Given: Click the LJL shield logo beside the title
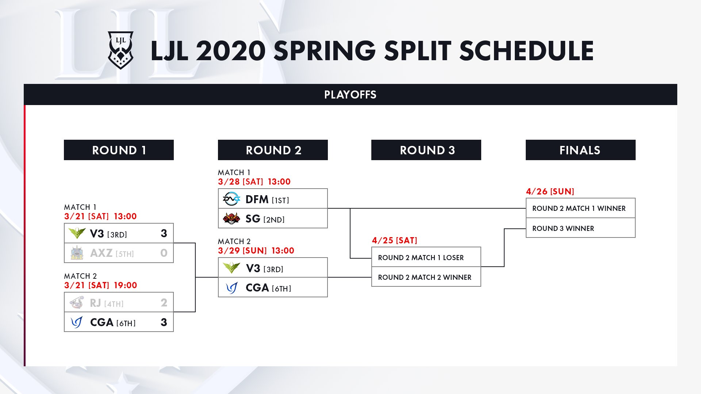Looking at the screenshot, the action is click(x=120, y=50).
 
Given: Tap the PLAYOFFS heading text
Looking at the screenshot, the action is click(x=350, y=95).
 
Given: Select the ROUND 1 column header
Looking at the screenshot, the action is click(x=119, y=150).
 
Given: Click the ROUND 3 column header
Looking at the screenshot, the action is click(x=426, y=150).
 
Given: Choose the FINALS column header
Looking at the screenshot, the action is click(x=581, y=150).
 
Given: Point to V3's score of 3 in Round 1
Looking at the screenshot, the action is click(x=164, y=233).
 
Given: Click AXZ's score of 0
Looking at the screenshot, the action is click(x=164, y=253).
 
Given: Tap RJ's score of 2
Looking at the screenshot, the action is click(x=164, y=302).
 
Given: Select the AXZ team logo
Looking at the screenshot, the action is click(x=77, y=253).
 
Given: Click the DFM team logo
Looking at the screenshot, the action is click(x=231, y=199).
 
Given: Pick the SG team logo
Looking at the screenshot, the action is click(x=231, y=219).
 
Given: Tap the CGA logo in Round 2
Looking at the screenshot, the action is click(x=231, y=288).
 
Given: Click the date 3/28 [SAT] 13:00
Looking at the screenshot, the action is click(x=254, y=182).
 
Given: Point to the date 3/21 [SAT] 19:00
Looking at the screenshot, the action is click(x=100, y=285).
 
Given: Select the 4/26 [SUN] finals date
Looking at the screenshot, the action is click(x=550, y=192).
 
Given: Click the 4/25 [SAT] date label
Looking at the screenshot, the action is click(x=394, y=240).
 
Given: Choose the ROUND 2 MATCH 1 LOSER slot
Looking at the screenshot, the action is click(x=426, y=257).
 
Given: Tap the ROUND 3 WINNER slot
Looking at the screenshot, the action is click(x=581, y=228).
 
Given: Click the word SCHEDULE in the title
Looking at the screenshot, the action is click(x=526, y=51).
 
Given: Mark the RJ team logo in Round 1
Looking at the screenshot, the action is click(x=77, y=302).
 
